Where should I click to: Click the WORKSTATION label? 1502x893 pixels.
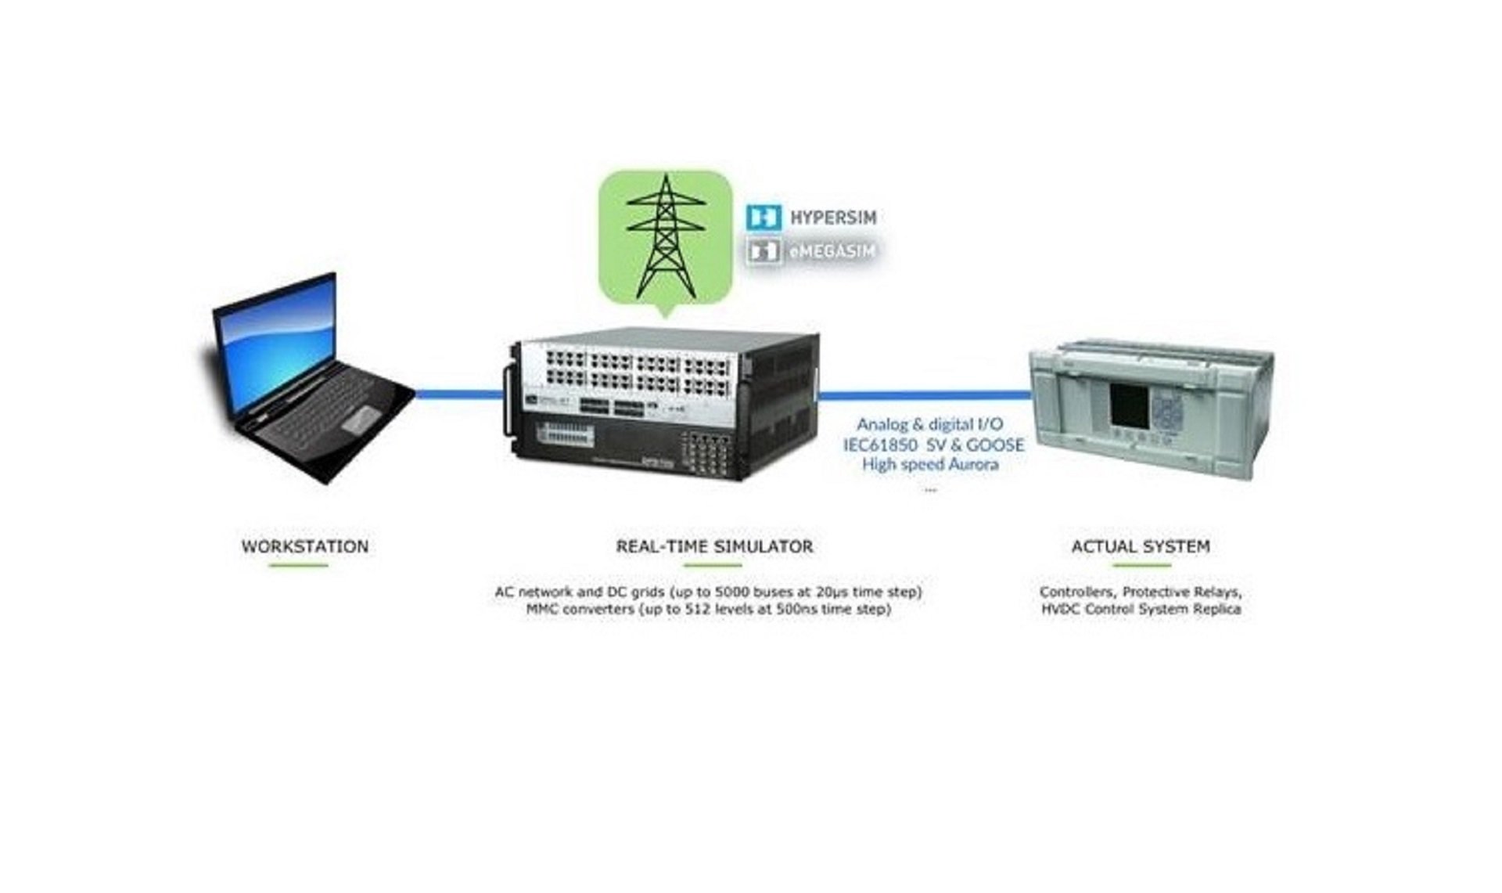coord(304,546)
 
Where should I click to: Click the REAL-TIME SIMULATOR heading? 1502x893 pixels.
coord(714,546)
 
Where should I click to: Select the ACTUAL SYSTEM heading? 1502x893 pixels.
coord(1140,546)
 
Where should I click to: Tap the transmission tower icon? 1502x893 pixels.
coord(664,235)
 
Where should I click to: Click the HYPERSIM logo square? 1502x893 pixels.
coord(763,217)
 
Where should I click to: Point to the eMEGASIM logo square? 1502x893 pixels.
coord(763,251)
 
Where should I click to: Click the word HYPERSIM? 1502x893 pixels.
coord(833,218)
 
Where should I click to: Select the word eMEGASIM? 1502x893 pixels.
coord(832,251)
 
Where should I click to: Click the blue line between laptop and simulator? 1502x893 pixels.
coord(458,394)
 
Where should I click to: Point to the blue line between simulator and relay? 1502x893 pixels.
coord(923,395)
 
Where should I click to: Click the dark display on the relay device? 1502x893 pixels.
coord(1129,405)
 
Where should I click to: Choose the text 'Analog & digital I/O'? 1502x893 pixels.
coord(929,424)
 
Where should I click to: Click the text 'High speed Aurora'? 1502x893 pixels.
coord(929,464)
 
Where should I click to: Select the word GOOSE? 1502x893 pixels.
coord(994,445)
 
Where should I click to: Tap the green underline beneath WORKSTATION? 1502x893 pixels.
coord(298,565)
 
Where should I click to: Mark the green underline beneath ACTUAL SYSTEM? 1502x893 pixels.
coord(1141,565)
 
